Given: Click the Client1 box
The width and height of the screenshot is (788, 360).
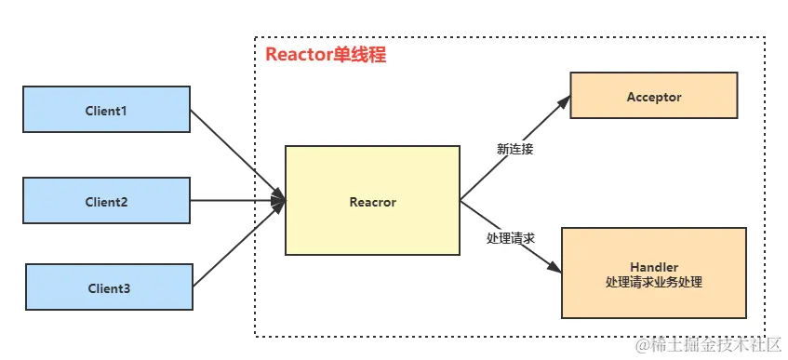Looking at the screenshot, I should coord(106,111).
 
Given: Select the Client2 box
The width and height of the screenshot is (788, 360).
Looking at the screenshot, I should coord(106,201).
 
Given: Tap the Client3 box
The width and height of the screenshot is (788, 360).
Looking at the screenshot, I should coord(108,288).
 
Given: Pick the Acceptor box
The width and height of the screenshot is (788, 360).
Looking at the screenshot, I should coord(653,97).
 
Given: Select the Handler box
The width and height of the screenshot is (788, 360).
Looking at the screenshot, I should coord(653,273).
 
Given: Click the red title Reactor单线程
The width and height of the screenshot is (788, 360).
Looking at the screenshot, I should coord(326,55).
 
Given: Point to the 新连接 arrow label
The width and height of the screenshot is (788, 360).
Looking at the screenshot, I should coord(515,148).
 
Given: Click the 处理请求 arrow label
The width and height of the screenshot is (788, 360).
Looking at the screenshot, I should coord(511,238).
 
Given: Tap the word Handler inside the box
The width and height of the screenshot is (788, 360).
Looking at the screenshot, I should coord(653,267).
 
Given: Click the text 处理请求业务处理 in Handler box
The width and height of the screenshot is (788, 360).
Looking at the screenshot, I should coord(653,282).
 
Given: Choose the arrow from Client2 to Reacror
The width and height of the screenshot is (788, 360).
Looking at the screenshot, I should coord(237,201).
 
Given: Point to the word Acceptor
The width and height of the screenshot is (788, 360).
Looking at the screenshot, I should coord(653,97).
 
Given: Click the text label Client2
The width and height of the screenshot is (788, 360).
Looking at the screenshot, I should coord(106,202).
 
